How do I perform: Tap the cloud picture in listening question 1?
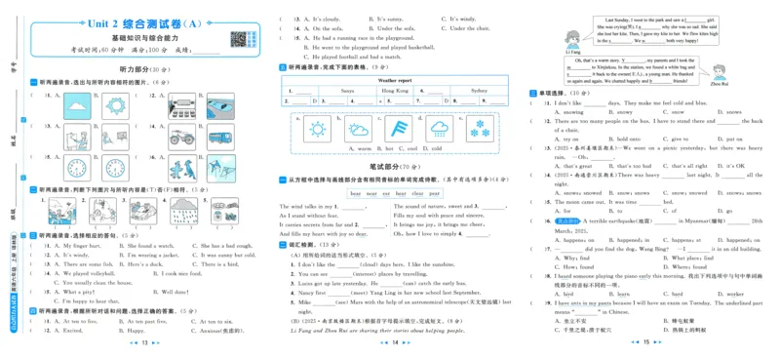77,105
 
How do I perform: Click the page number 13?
145,343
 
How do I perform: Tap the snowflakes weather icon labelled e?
481,130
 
